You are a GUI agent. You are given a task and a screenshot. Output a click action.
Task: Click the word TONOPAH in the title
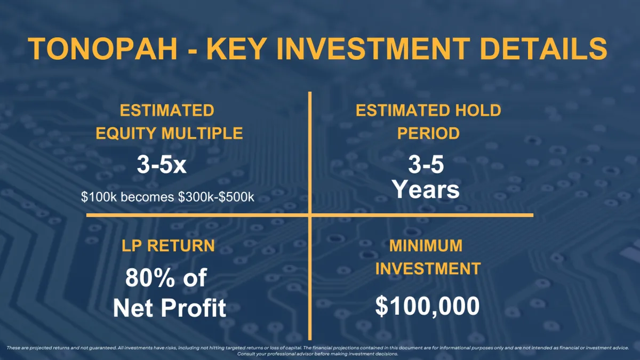coord(102,49)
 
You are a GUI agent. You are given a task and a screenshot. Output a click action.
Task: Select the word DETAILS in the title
coord(543,49)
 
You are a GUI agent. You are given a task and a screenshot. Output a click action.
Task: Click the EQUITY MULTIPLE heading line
coord(169,133)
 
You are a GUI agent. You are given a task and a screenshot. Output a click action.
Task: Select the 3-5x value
coord(162,164)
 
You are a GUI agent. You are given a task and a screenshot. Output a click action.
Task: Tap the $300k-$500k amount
coord(216,197)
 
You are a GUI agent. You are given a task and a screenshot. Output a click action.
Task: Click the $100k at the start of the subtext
coord(99,197)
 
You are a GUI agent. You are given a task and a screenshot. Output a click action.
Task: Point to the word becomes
coord(147,197)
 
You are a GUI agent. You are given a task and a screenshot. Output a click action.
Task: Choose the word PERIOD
coord(428,133)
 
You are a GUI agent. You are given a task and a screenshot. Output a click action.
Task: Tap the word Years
coord(426,189)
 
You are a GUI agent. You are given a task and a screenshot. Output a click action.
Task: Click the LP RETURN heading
coord(168,246)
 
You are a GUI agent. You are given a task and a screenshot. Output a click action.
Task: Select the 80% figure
coord(150,278)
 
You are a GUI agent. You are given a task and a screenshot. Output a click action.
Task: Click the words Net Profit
coord(170,308)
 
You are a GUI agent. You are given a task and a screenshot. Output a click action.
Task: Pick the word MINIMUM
coord(426,246)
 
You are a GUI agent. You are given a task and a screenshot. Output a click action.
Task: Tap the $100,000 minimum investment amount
coord(427,306)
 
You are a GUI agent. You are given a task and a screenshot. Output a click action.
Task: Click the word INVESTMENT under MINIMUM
coord(428,269)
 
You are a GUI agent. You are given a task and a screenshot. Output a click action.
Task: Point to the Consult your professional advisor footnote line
coord(318,354)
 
